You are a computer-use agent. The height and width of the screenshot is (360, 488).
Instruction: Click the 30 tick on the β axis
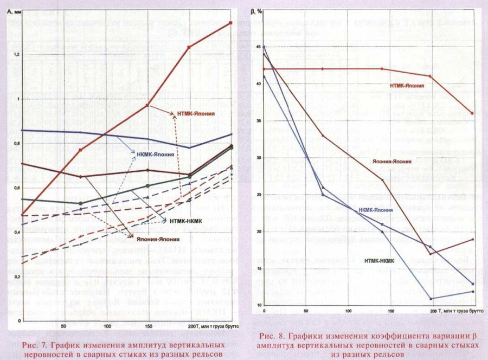(x=259, y=157)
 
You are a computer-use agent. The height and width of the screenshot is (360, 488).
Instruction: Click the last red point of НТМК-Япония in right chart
(x=473, y=113)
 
